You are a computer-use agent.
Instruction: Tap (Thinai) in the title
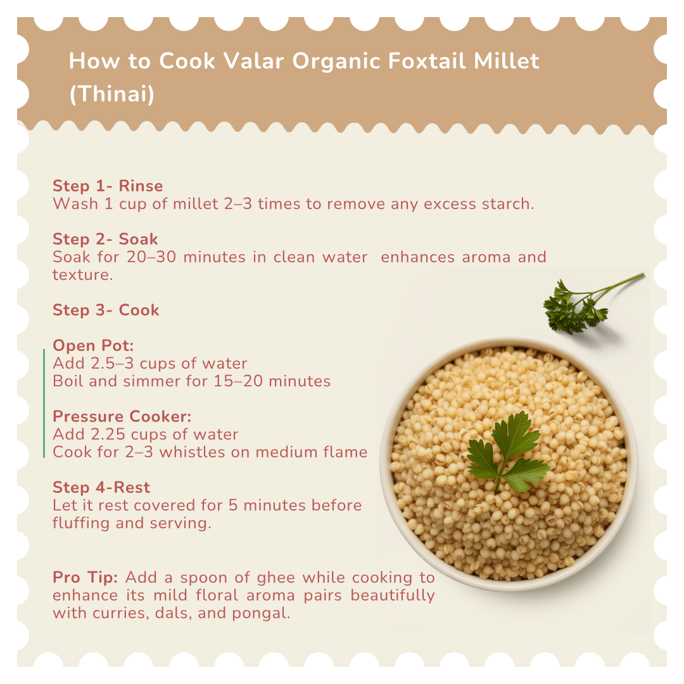tap(112, 94)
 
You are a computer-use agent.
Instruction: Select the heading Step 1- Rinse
tap(108, 186)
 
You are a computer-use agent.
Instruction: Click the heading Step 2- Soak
tap(105, 239)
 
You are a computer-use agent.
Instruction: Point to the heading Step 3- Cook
tap(106, 310)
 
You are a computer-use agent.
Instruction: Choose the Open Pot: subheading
tap(93, 346)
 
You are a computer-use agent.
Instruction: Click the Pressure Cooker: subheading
tap(122, 417)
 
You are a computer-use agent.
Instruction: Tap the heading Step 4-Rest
tap(101, 487)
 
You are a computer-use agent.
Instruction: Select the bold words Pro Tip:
tap(85, 578)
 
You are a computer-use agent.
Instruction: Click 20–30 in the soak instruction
tap(151, 257)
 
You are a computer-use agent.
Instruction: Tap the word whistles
tap(191, 452)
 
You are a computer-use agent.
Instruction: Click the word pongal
tap(261, 614)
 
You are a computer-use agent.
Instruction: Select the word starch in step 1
tap(508, 204)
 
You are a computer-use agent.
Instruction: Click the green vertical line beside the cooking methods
tap(44, 403)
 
